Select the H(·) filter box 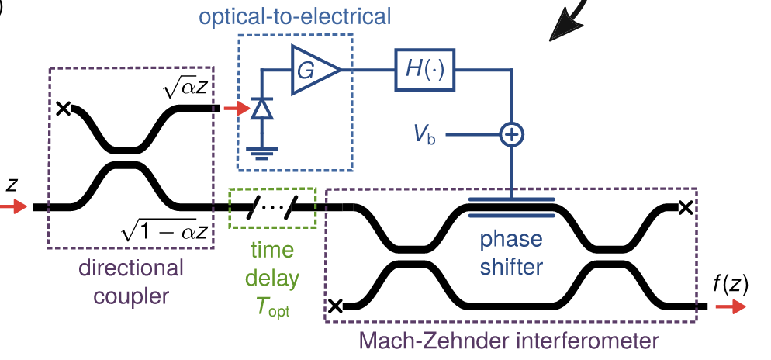[x=424, y=71]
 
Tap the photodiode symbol [x=261, y=109]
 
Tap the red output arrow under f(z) [x=730, y=307]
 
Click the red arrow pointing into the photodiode [x=233, y=109]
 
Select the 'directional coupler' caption [x=131, y=282]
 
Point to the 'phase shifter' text [x=510, y=253]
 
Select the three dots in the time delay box [x=272, y=208]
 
